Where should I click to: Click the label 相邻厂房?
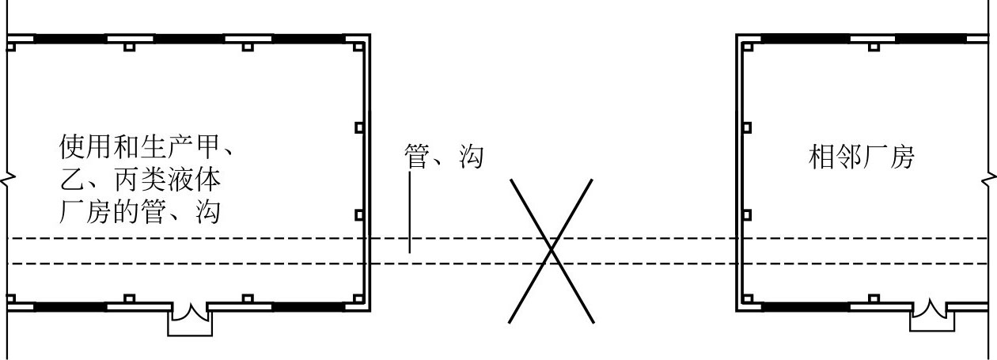(x=860, y=157)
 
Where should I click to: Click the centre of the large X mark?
(x=552, y=250)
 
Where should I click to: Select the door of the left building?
(x=190, y=316)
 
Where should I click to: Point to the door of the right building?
(x=931, y=314)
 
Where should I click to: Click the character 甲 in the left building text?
(x=204, y=147)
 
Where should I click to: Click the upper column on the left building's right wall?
(x=359, y=127)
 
